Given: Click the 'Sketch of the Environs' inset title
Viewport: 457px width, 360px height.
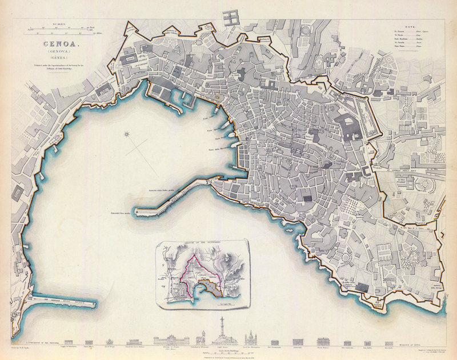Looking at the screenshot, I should [203, 244].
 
